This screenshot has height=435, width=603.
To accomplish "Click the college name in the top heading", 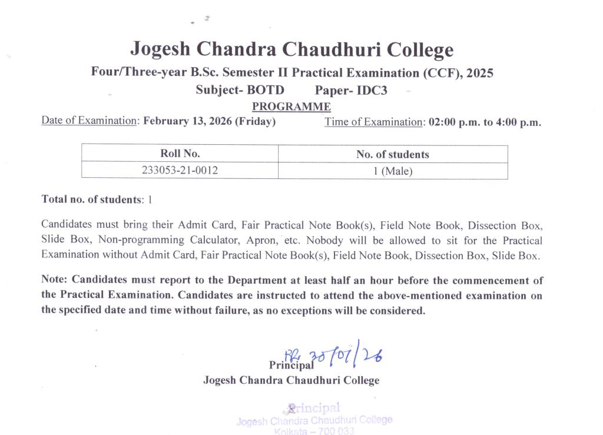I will coord(291,49).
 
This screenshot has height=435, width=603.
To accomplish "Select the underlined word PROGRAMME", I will coord(291,107).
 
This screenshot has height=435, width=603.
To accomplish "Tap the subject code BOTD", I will coord(266,90).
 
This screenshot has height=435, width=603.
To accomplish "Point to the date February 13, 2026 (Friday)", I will coord(209,122).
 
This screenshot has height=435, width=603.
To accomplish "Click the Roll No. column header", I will coord(180,154).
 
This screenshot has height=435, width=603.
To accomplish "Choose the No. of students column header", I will coord(392,155).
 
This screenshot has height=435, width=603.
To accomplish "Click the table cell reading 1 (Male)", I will coord(393,171).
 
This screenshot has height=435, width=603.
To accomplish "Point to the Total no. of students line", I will coord(97,199).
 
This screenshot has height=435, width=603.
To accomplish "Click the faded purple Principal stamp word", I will coord(315,407).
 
